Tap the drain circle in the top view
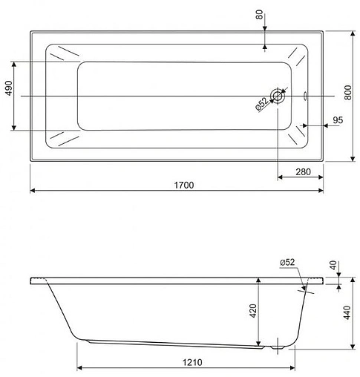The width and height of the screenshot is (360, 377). tap(278, 96)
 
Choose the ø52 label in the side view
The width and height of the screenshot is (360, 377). tap(288, 262)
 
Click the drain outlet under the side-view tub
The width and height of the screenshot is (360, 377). tap(278, 345)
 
